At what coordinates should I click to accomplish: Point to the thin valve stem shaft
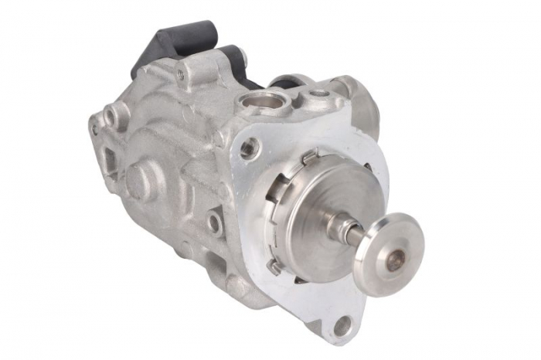[355, 231]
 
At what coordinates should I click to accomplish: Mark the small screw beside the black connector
[180, 74]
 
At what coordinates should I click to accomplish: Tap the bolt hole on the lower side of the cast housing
[213, 225]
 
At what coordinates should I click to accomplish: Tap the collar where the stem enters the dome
[337, 224]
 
